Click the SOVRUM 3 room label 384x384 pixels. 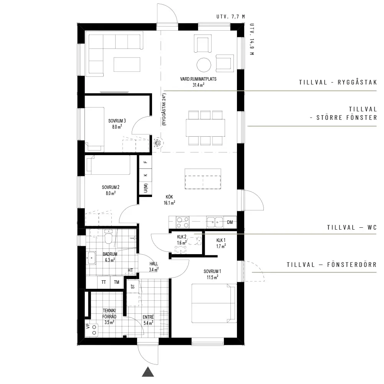click(117, 121)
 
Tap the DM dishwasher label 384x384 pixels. click(230, 222)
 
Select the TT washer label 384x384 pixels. click(104, 282)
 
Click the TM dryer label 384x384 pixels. click(117, 282)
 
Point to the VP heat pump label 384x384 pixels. click(88, 326)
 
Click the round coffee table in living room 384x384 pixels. click(204, 65)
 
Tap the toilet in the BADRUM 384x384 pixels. click(108, 237)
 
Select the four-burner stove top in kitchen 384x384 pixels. click(183, 222)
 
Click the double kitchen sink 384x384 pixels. click(215, 222)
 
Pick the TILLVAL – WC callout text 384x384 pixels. click(352, 227)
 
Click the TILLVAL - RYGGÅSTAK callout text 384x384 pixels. click(338, 82)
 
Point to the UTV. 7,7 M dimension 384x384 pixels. click(231, 17)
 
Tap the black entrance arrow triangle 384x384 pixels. click(148, 371)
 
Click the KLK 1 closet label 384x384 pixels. click(221, 240)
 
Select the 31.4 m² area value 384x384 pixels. click(199, 85)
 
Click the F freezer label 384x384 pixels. click(146, 162)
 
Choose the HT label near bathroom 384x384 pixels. click(130, 270)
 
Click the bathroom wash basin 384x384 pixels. click(91, 258)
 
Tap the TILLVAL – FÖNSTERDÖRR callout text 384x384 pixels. click(332, 265)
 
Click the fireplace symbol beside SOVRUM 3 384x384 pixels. click(157, 142)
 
